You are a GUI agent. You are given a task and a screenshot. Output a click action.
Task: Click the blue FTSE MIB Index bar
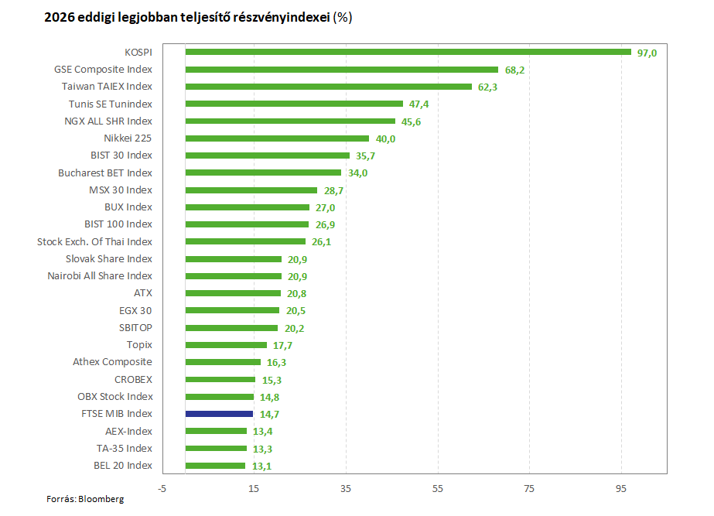(219, 414)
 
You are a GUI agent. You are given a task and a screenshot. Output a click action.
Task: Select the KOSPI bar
(408, 52)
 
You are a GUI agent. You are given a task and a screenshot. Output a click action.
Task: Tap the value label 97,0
(647, 53)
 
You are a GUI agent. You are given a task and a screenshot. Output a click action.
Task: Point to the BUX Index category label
(128, 207)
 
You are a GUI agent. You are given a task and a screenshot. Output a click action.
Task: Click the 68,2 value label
(514, 70)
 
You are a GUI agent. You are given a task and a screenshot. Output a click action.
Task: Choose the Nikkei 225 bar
(277, 138)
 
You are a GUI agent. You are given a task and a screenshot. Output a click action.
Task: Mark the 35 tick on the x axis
(346, 489)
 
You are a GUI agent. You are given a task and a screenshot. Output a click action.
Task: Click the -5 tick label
(162, 489)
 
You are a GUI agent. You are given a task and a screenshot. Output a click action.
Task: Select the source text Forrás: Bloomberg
(85, 499)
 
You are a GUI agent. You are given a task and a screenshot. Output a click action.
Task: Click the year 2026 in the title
(60, 17)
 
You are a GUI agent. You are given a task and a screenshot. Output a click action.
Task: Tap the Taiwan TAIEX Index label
(107, 87)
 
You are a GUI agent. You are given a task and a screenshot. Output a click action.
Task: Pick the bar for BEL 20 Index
(215, 466)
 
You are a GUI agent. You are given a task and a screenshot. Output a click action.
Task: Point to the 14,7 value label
(269, 415)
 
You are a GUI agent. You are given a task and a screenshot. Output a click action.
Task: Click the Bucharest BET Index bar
(263, 173)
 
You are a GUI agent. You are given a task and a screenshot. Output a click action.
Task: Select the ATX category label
(143, 293)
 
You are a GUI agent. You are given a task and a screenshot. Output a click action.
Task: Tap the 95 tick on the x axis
(621, 489)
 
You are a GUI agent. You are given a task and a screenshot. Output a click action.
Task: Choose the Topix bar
(226, 345)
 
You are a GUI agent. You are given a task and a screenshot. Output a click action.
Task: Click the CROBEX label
(133, 380)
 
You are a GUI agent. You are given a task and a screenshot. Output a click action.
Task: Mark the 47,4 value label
(418, 104)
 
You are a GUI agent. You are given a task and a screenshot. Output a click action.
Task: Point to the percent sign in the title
(343, 17)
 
